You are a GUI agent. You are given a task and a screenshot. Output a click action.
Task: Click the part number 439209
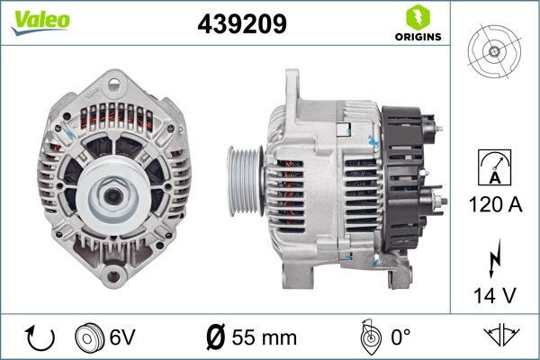pos(241,24)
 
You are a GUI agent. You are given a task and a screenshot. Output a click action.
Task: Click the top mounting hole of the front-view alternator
pos(113,87)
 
